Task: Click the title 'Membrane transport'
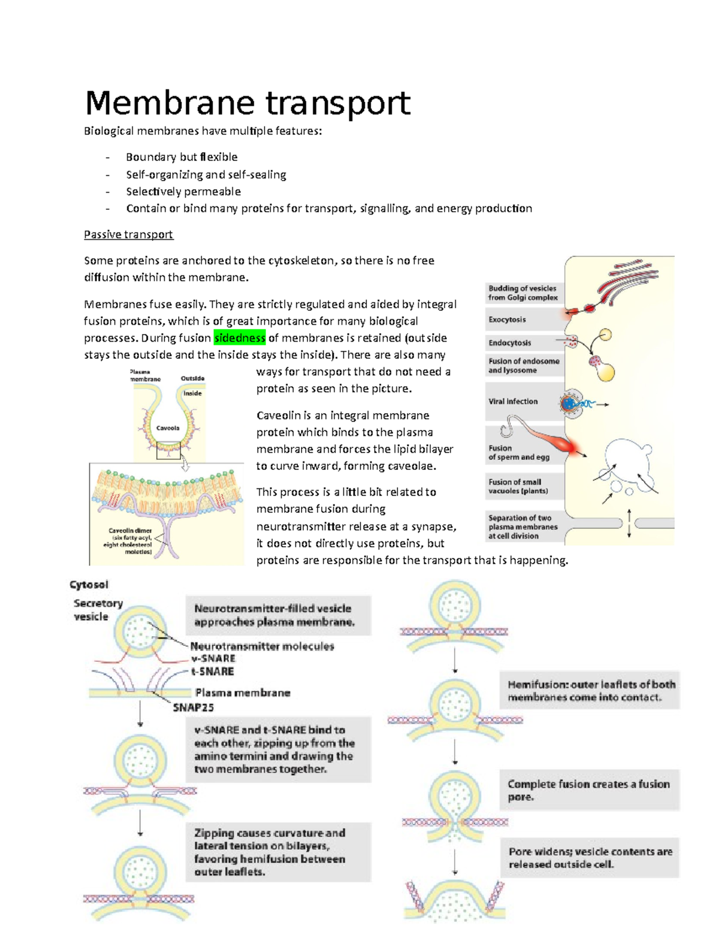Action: click(x=247, y=103)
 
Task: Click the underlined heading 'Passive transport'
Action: click(x=128, y=234)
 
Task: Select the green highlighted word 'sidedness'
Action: click(x=240, y=338)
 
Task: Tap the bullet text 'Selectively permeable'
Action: click(x=183, y=191)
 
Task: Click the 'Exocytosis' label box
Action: click(x=508, y=320)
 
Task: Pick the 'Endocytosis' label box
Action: click(x=510, y=343)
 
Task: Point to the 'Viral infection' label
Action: click(x=513, y=401)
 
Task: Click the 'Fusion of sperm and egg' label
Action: click(x=518, y=453)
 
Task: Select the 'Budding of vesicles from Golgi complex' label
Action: click(x=523, y=293)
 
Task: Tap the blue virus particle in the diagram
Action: click(x=570, y=404)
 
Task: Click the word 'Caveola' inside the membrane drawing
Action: click(x=168, y=428)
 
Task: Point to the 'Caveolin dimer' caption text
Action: click(x=130, y=530)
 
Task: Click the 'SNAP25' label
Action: click(x=193, y=708)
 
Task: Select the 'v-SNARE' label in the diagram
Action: click(x=213, y=658)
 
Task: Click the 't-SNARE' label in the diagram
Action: click(x=212, y=671)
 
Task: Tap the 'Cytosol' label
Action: click(x=89, y=585)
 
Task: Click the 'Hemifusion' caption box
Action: click(x=590, y=691)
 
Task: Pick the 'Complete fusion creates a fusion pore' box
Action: click(x=589, y=790)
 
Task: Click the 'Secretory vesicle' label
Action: click(x=97, y=610)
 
